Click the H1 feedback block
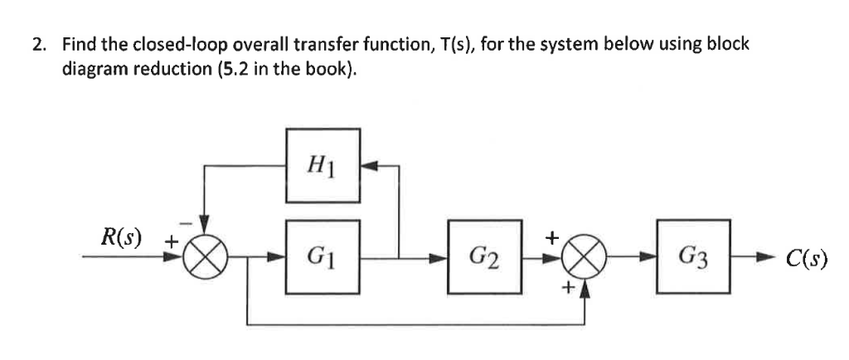click(323, 165)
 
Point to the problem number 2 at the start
click(38, 45)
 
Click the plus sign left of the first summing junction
click(169, 243)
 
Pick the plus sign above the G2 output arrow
click(551, 238)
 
